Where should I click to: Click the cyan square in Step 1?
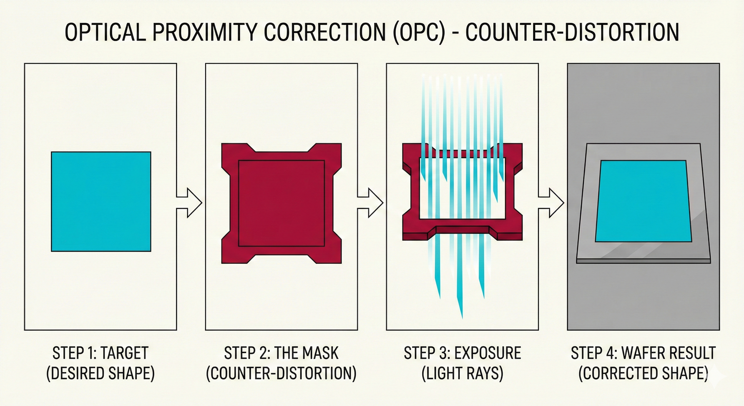101,201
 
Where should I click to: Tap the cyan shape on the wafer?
644,201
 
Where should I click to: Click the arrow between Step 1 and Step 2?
189,202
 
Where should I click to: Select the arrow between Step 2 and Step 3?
370,202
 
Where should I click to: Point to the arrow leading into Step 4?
551,202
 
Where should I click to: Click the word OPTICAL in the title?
105,32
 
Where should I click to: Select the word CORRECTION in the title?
325,32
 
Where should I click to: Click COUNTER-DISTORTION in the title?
572,32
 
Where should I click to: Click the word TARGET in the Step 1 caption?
125,353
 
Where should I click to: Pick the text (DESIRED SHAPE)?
100,373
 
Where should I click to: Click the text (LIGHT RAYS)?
462,373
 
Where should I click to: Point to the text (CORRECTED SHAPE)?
643,373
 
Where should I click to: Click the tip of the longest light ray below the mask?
462,318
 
